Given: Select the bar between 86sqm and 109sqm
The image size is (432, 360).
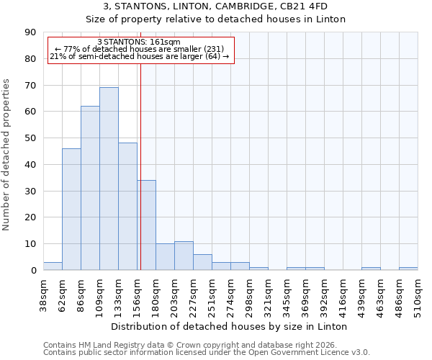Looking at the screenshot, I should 90,188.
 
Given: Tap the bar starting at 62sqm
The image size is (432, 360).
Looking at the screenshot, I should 71,209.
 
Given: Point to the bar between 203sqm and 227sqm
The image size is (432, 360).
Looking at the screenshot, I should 184,256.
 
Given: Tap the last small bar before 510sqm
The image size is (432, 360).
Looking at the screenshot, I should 408,269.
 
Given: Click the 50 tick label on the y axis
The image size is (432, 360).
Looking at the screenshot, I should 30,138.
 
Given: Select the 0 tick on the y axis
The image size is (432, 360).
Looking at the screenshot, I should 33,271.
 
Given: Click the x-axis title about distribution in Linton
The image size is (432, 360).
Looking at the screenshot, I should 230,326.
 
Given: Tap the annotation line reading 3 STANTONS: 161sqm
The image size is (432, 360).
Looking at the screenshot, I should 139,42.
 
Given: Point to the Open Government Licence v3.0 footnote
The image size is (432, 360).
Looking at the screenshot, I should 207,353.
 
